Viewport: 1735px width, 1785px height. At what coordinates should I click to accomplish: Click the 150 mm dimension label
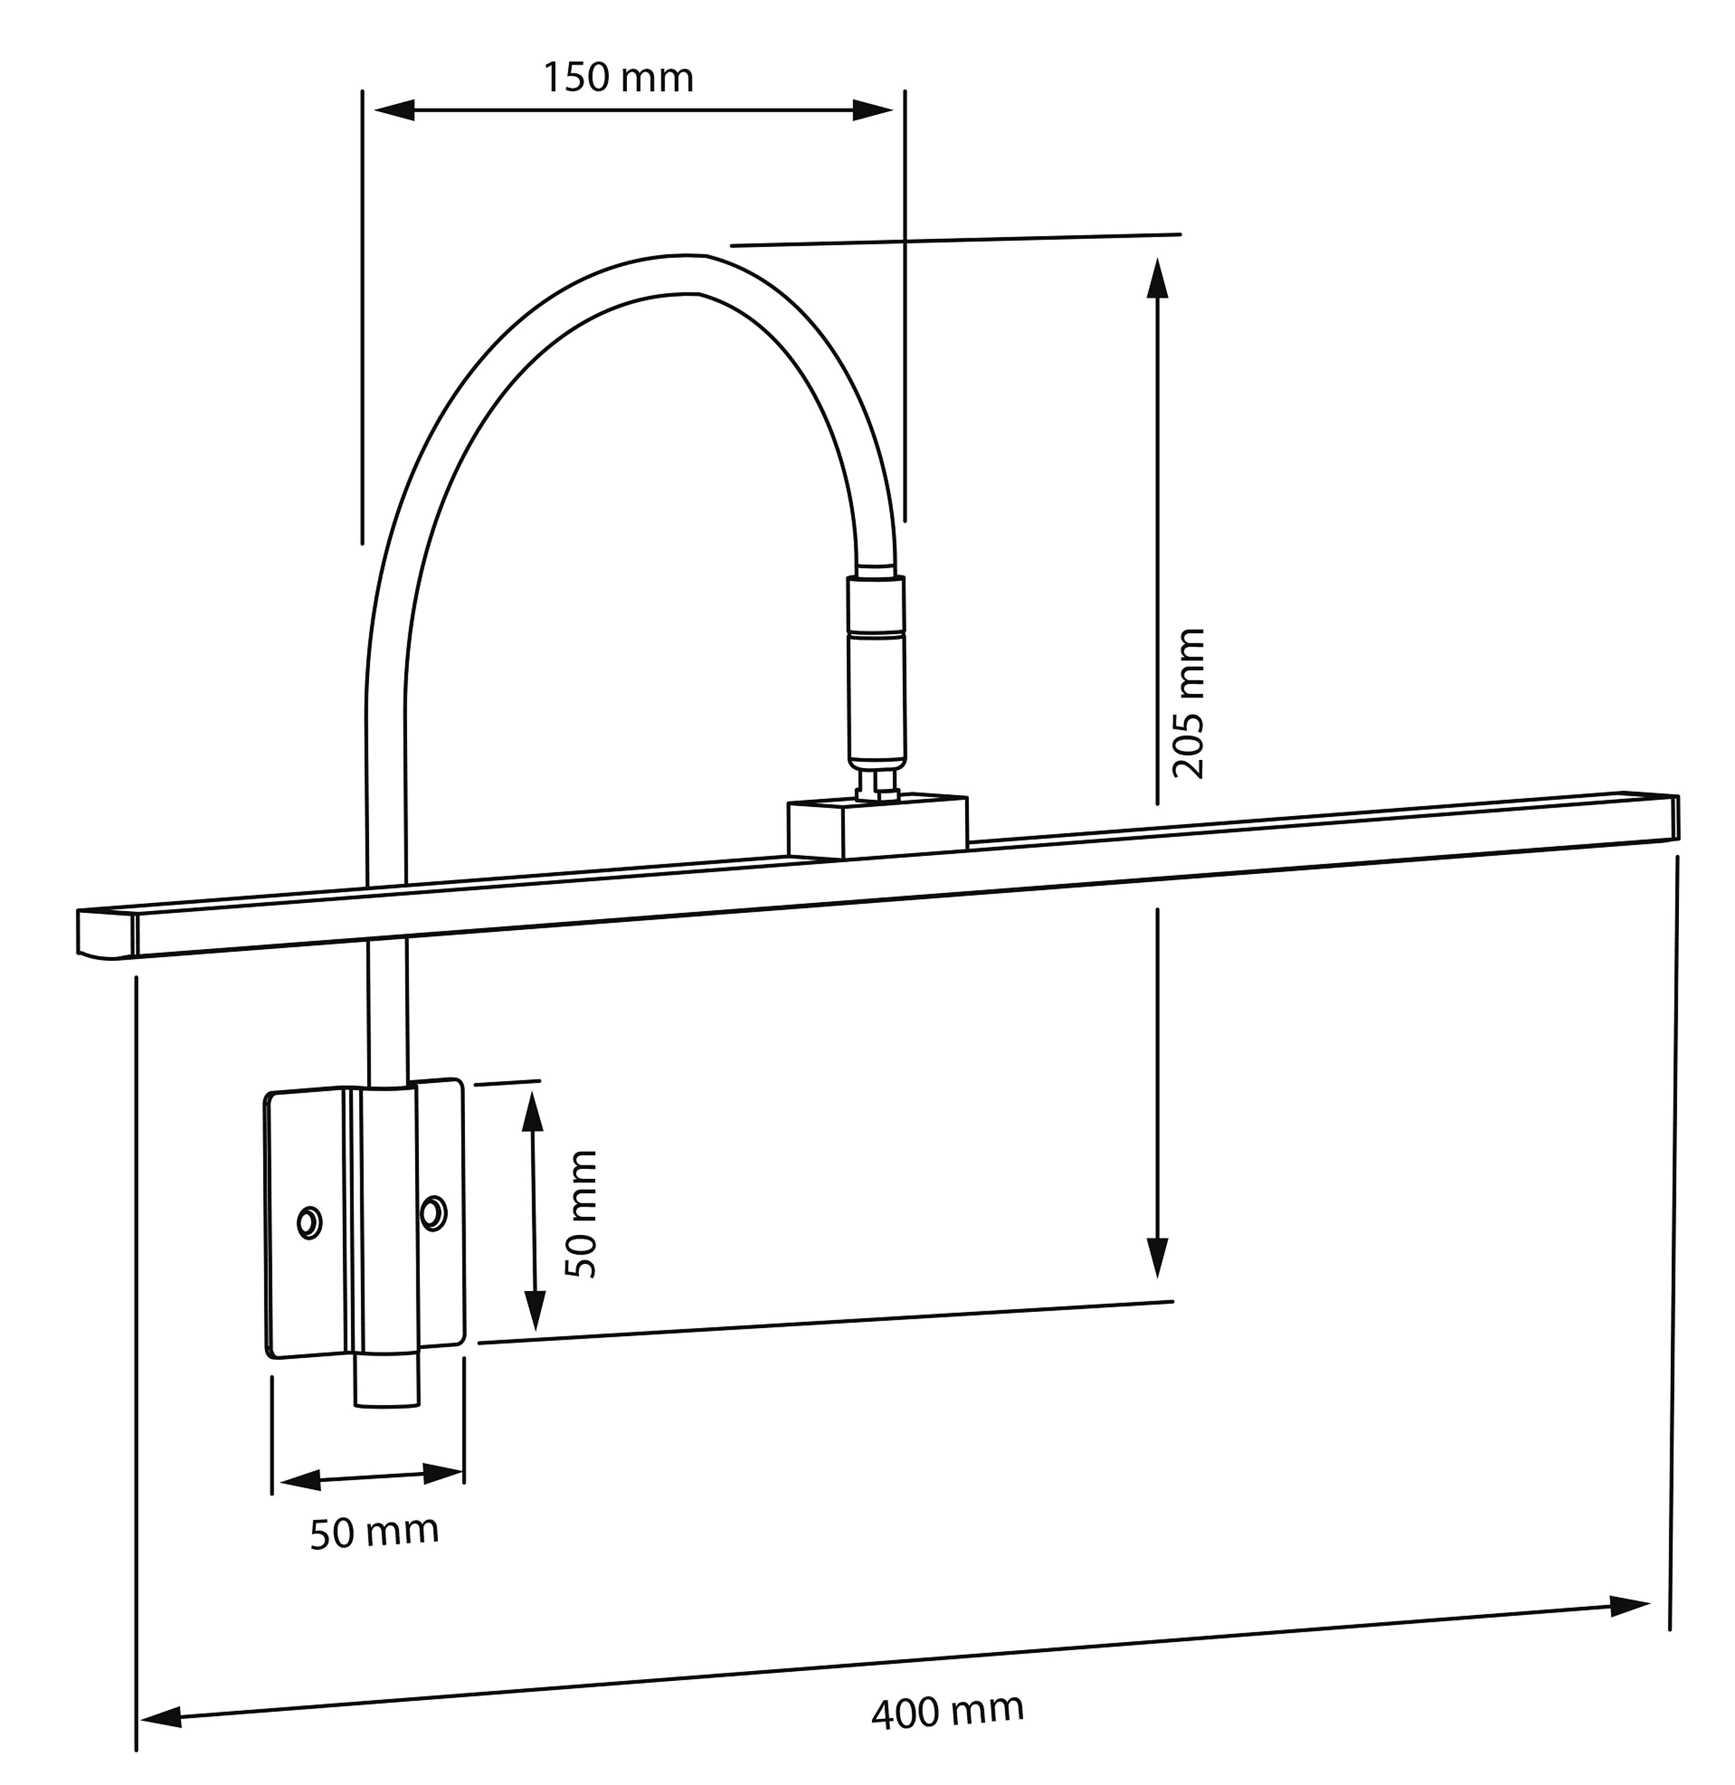(618, 78)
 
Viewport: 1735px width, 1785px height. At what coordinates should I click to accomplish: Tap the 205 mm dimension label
(1188, 703)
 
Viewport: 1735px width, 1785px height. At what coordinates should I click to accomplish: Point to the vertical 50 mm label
(581, 1214)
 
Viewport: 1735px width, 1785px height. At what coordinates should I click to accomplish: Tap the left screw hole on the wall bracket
(310, 1222)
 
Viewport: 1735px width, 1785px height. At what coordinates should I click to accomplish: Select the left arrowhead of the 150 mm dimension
(394, 110)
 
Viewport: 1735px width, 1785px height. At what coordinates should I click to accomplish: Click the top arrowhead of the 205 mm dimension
(1157, 279)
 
